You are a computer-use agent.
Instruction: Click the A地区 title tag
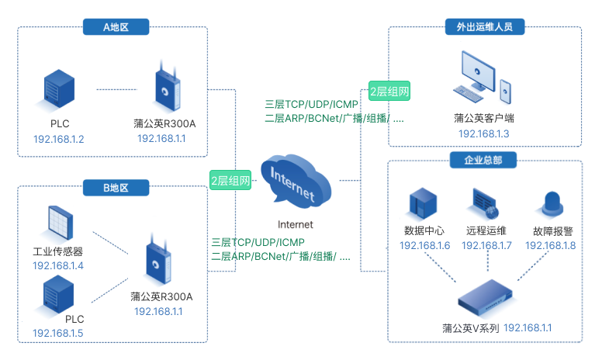pos(116,27)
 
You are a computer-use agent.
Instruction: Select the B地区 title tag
pos(116,187)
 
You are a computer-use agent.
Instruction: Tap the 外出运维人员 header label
pos(485,27)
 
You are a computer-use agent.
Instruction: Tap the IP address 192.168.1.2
pos(59,140)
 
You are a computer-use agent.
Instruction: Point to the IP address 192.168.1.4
pos(58,265)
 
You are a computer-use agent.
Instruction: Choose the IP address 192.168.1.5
pos(58,334)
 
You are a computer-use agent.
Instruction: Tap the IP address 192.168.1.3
pos(484,133)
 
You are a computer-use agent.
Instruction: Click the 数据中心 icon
pos(424,204)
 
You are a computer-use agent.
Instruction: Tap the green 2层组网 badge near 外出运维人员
pos(389,91)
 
